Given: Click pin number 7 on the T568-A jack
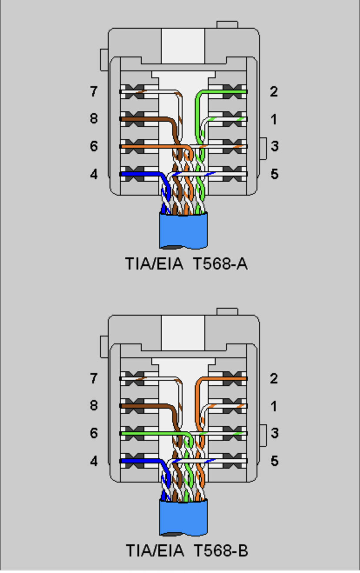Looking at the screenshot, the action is [x=93, y=91].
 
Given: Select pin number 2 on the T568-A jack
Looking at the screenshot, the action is [x=274, y=91].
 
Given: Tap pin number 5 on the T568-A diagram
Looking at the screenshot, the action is [x=274, y=174].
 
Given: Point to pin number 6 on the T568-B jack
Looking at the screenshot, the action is [x=93, y=433].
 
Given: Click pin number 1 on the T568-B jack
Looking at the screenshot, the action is [x=274, y=406].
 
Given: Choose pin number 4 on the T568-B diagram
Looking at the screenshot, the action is [x=93, y=461].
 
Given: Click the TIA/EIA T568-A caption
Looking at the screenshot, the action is [x=187, y=264].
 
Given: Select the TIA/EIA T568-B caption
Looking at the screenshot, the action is [x=187, y=550].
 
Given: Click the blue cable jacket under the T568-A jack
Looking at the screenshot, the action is [x=183, y=230].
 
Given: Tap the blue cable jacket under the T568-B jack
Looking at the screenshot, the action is [x=183, y=517].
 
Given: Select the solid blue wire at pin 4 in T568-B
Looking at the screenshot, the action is [x=143, y=461].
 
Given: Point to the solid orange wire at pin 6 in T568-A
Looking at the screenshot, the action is [x=153, y=147].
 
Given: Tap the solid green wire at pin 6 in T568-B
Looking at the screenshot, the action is [x=153, y=433].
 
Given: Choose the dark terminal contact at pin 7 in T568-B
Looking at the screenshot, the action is [x=135, y=379].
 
